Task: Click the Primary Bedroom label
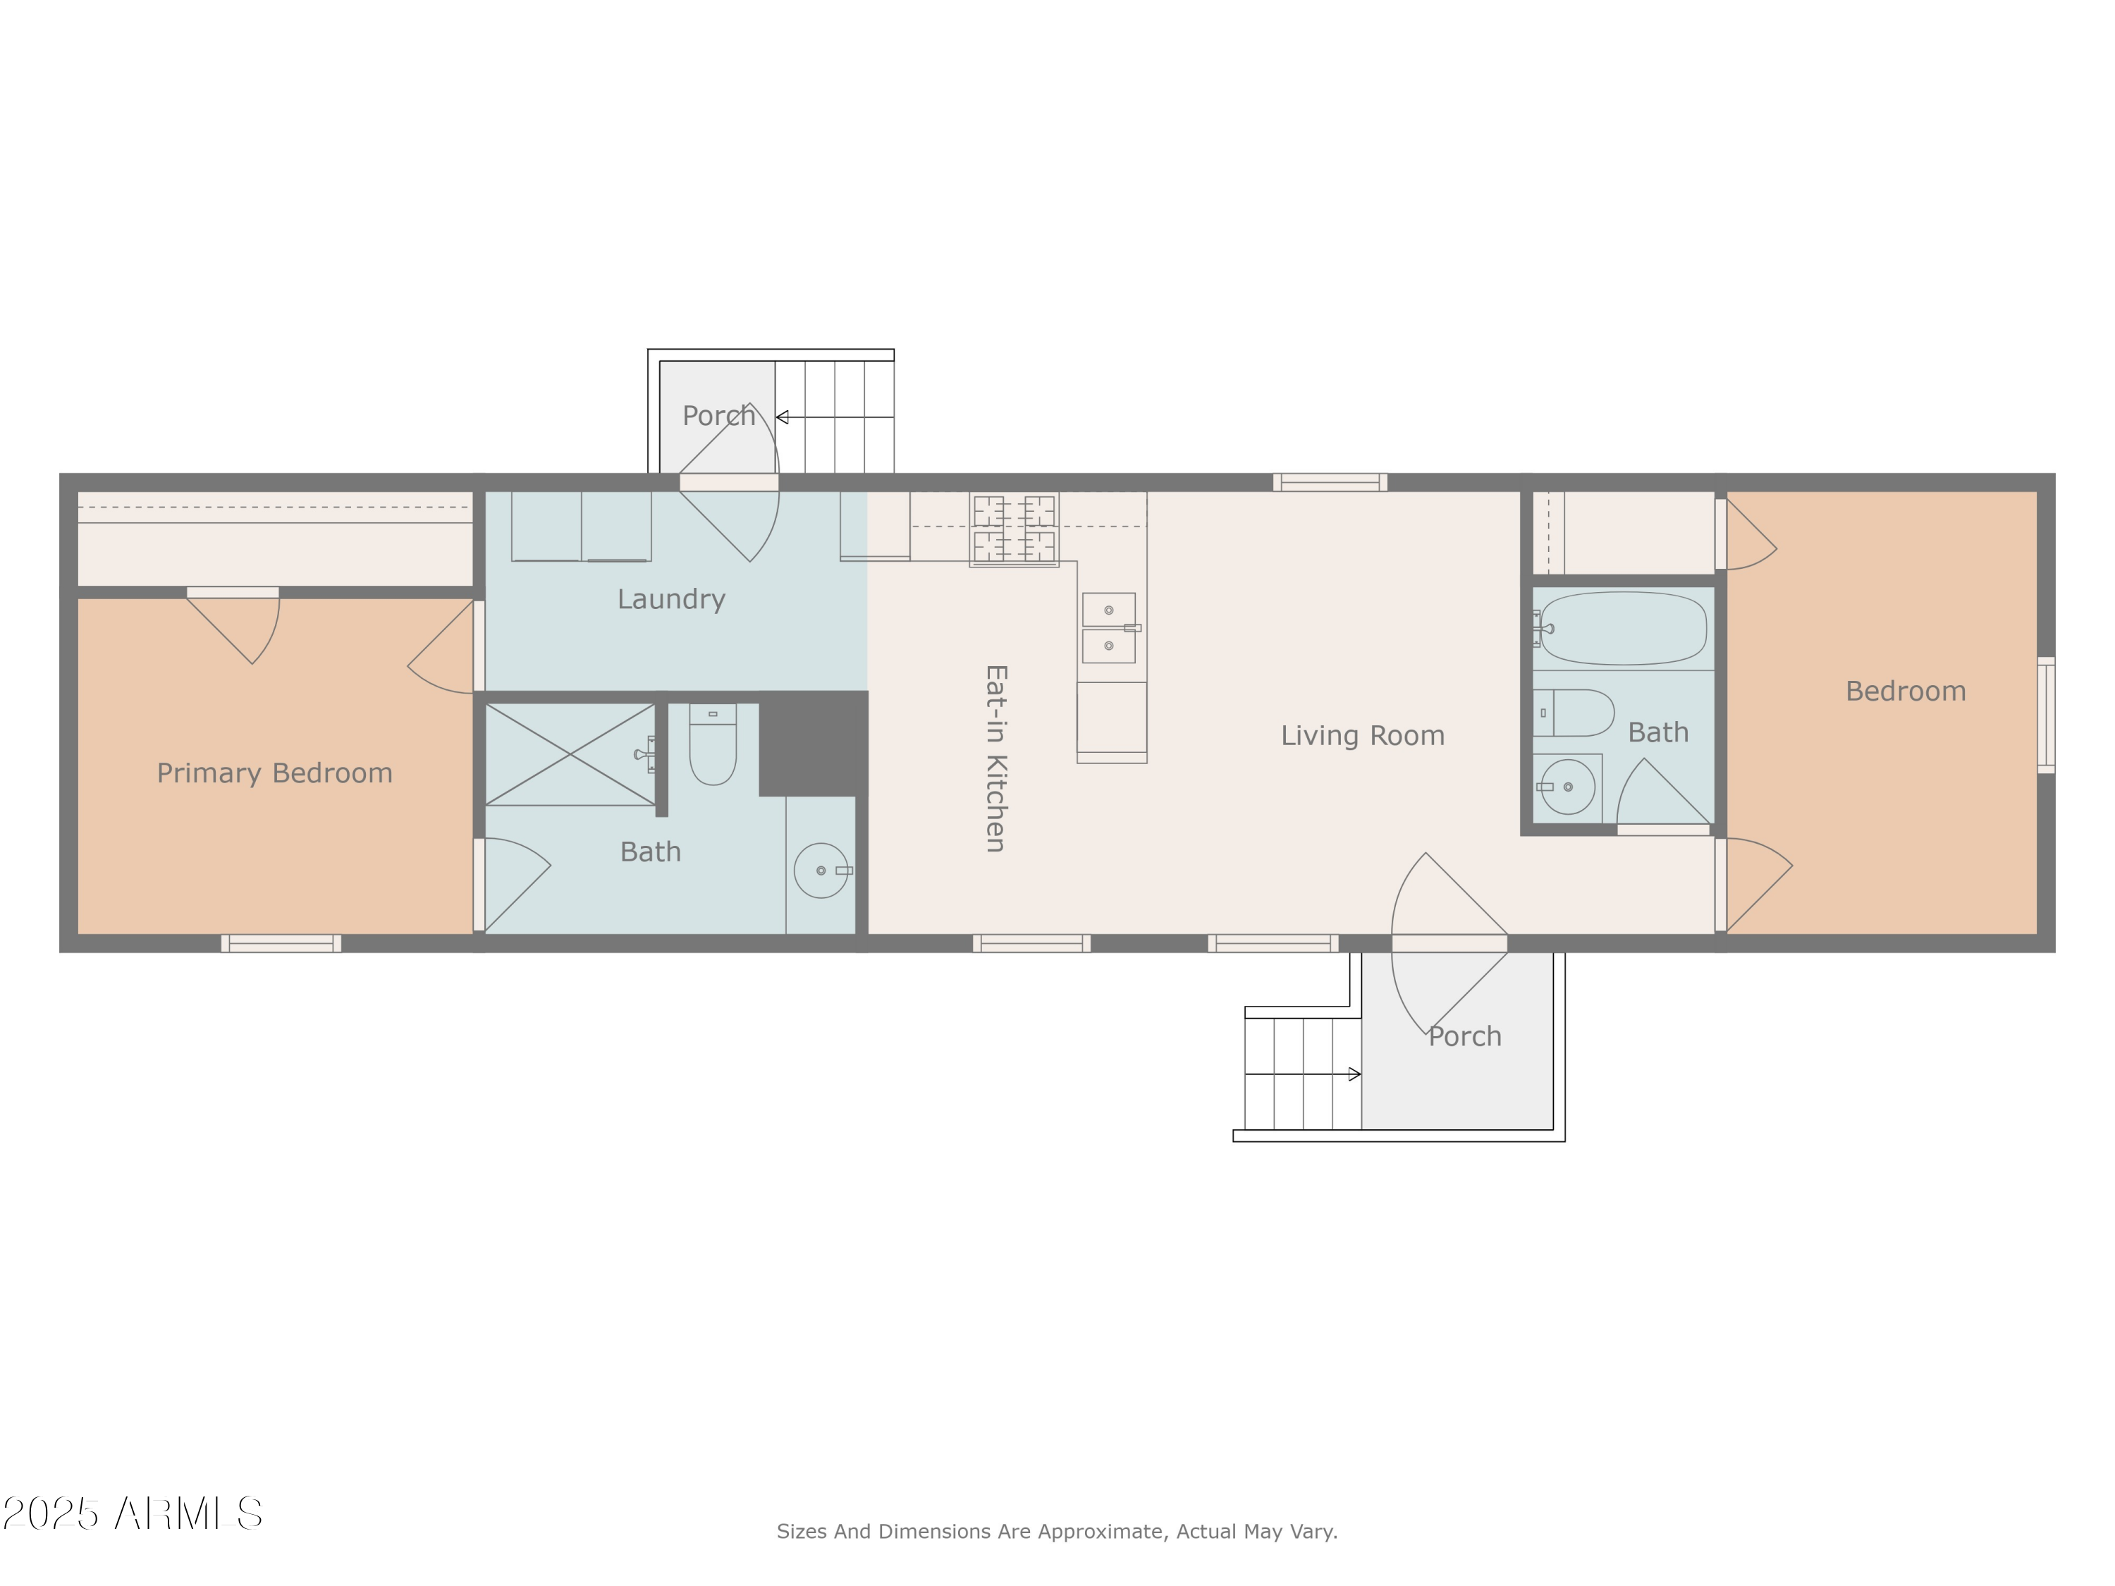274,773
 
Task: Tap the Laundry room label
670,599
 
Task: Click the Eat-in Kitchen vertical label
995,757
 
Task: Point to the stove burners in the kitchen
1014,529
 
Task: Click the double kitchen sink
1108,628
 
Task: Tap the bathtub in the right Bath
1623,628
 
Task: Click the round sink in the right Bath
1567,787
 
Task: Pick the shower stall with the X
570,754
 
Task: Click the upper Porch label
718,416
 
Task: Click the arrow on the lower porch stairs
1353,1074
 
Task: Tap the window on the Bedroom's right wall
2045,714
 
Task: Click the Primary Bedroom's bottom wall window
281,944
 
